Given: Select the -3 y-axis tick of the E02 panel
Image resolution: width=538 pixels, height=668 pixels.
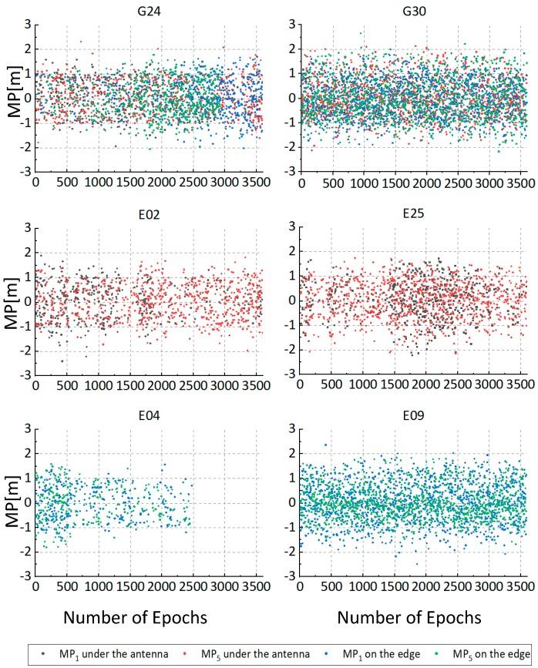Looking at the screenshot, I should tap(22, 374).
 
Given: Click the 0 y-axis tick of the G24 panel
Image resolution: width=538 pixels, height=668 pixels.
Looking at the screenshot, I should tap(25, 99).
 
